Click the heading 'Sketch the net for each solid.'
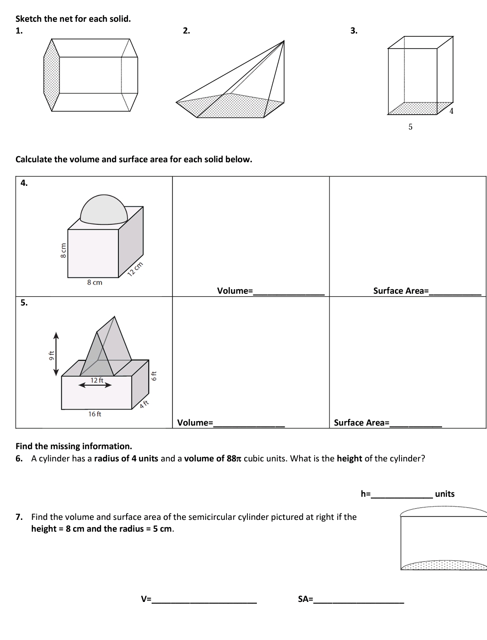[73, 19]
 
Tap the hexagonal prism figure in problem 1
[90, 74]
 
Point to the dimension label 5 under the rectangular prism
[410, 127]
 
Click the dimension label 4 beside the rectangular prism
[452, 111]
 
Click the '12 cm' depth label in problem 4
[135, 269]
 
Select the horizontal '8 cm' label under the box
[94, 282]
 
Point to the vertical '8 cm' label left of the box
[64, 250]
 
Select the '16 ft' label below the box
[95, 414]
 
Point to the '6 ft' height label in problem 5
[154, 376]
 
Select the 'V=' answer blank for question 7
[204, 599]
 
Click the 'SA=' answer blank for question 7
[359, 599]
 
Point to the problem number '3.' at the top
[354, 31]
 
